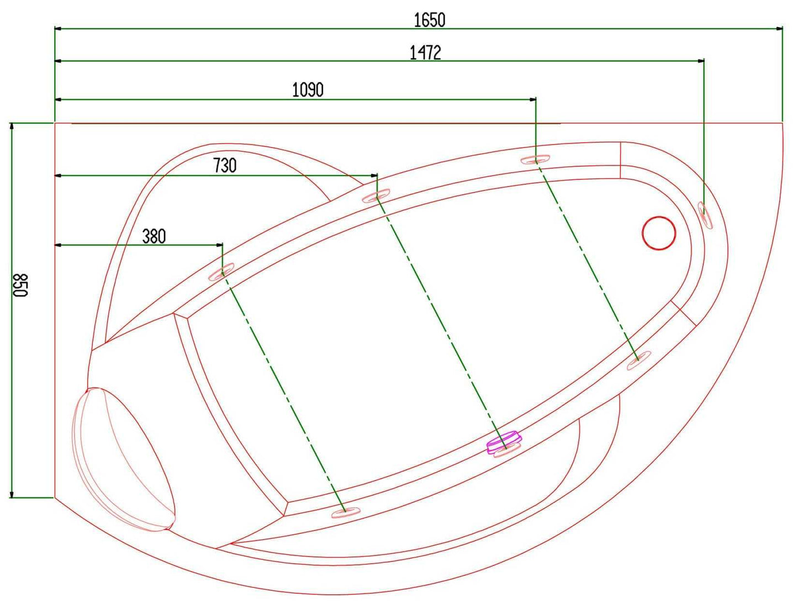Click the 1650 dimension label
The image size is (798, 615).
coord(429,20)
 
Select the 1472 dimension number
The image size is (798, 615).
coord(425,52)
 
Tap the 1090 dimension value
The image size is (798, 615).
coord(308,90)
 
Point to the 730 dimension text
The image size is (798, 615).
coord(225,166)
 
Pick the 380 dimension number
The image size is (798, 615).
coord(154,237)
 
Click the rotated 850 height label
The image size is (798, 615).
coord(20,285)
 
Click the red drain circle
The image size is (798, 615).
coord(659,233)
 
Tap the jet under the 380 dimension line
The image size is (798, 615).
coord(221,272)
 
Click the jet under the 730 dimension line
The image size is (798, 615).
coord(376,196)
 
